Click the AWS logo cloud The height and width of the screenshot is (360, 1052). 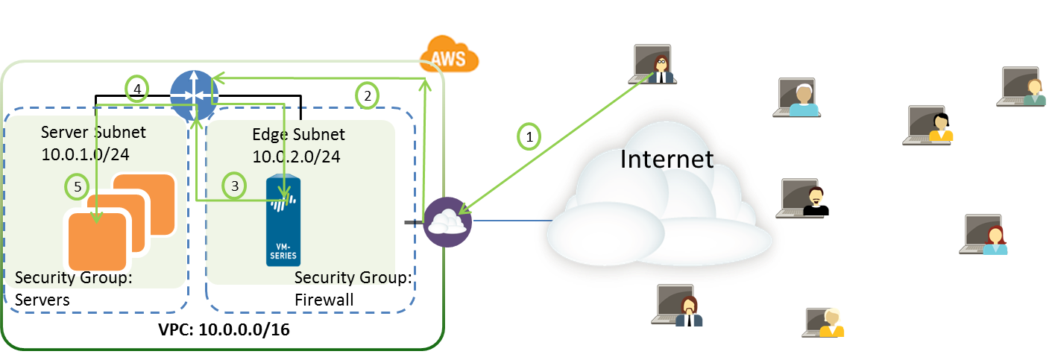pyautogui.click(x=448, y=56)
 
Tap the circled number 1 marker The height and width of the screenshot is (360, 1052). pyautogui.click(x=529, y=136)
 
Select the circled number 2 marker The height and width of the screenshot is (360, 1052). pyautogui.click(x=366, y=95)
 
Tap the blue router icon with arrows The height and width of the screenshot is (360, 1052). pyautogui.click(x=193, y=94)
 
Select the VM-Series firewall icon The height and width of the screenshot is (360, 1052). pyautogui.click(x=283, y=221)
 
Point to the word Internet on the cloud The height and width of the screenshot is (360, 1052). pyautogui.click(x=667, y=159)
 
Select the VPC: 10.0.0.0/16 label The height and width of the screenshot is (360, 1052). pyautogui.click(x=224, y=329)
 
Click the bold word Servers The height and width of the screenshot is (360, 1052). pyautogui.click(x=42, y=300)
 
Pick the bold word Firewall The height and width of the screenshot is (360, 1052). pyautogui.click(x=324, y=300)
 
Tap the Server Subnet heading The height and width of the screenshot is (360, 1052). pyautogui.click(x=93, y=133)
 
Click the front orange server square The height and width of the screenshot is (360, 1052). pyautogui.click(x=96, y=240)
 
